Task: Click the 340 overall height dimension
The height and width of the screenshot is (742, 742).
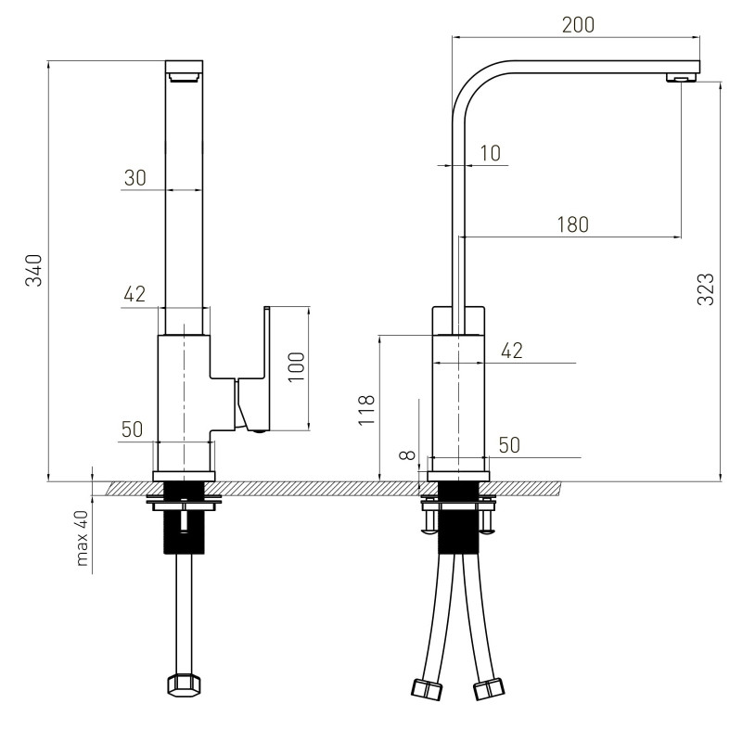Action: click(34, 270)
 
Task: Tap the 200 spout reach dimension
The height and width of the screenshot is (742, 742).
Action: click(578, 25)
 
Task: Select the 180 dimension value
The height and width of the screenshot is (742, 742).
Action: click(572, 224)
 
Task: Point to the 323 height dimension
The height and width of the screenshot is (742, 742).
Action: click(706, 289)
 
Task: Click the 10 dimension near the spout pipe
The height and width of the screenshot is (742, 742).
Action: click(491, 153)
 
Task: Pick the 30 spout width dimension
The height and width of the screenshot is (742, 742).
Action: click(135, 178)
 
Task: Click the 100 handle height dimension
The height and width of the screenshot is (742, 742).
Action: click(297, 367)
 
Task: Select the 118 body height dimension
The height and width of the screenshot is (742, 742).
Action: click(366, 410)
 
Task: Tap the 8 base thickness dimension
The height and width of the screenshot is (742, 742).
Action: click(408, 455)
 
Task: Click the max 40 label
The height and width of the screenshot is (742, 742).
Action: click(83, 538)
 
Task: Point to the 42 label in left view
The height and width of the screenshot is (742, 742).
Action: click(134, 294)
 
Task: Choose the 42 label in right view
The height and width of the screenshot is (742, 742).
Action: click(512, 351)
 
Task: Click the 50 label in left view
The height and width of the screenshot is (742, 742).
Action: click(132, 429)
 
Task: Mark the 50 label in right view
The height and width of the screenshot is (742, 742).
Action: click(509, 445)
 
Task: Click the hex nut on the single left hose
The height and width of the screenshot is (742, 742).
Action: click(184, 685)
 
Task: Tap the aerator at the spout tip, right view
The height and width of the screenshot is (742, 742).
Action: click(683, 78)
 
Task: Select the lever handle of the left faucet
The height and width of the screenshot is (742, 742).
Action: click(252, 369)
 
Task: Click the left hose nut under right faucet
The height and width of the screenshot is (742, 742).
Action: click(427, 689)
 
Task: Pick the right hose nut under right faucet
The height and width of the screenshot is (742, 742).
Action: click(490, 689)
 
